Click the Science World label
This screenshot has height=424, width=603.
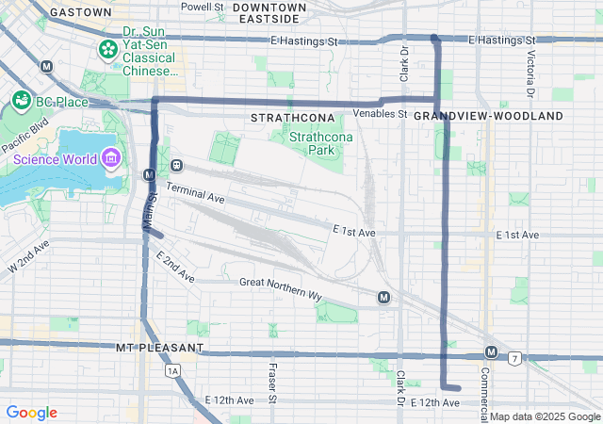click(54, 159)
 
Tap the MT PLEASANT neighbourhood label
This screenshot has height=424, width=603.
click(159, 348)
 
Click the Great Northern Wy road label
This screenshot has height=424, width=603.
click(281, 288)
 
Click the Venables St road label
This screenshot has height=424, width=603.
click(379, 114)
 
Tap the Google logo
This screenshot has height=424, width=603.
click(31, 413)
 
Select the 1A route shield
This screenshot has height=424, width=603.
click(171, 371)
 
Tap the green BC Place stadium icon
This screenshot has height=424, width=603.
click(19, 98)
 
